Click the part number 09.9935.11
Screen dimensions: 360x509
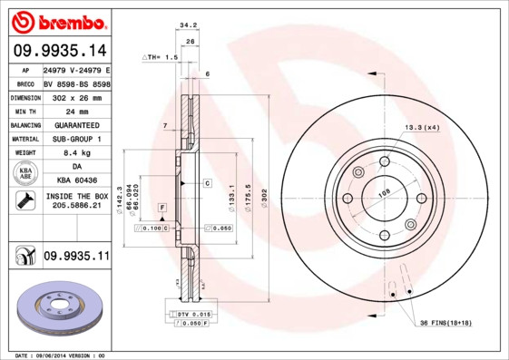click(x=76, y=257)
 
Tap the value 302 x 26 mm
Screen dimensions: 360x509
click(x=76, y=97)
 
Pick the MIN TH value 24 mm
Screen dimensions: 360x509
click(x=76, y=111)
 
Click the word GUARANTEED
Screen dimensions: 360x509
click(x=76, y=124)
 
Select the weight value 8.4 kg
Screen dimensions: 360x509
click(x=76, y=152)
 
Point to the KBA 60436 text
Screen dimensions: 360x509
click(x=76, y=180)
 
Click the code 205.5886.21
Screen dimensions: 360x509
click(x=76, y=207)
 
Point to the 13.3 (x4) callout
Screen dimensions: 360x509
click(x=421, y=128)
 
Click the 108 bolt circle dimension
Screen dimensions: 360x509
click(x=384, y=192)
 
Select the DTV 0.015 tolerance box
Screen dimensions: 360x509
click(x=189, y=314)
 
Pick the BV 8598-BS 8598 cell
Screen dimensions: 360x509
click(x=76, y=83)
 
